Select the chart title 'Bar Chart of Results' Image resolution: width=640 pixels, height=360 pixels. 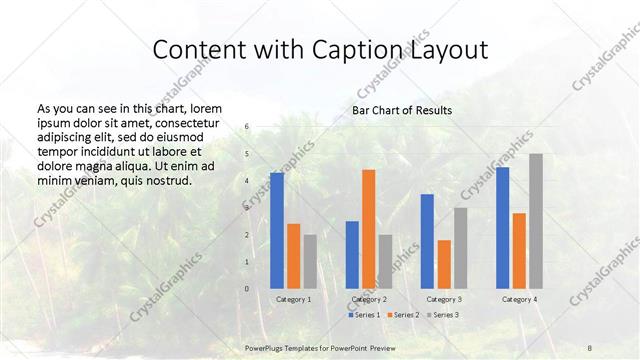click(x=401, y=110)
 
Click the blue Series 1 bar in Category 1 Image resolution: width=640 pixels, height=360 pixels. click(x=277, y=230)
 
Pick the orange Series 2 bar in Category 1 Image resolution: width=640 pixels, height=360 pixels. click(x=293, y=256)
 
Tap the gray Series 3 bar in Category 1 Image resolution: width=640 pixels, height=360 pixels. click(x=309, y=261)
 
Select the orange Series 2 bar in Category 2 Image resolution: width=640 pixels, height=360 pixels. click(x=368, y=229)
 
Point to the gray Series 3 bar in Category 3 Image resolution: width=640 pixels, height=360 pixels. click(x=460, y=248)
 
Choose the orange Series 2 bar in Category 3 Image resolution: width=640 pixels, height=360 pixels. click(x=444, y=264)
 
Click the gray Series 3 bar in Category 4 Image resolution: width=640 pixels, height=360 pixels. click(x=536, y=221)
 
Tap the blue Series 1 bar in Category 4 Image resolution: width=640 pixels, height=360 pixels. click(x=503, y=228)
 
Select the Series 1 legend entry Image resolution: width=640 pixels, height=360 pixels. click(x=365, y=315)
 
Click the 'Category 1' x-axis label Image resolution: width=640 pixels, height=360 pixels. click(x=293, y=299)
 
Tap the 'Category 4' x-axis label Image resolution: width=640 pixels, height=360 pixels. click(x=519, y=299)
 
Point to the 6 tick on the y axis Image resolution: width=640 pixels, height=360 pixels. click(x=247, y=127)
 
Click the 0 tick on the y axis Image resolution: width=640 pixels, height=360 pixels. click(x=247, y=289)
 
